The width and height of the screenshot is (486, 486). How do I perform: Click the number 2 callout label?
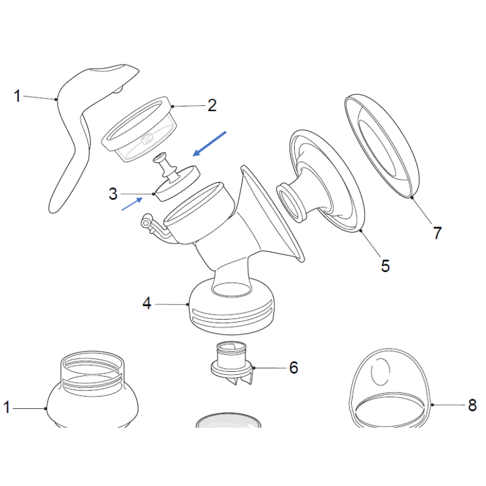[211, 106]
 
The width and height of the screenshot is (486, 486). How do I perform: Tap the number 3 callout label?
[113, 194]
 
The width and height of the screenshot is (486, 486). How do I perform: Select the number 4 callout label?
[146, 303]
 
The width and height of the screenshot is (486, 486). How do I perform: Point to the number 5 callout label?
[385, 265]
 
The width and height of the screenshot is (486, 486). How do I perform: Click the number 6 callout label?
[293, 368]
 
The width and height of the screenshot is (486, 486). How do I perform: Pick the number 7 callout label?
[437, 232]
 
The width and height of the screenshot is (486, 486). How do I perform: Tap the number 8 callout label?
[472, 405]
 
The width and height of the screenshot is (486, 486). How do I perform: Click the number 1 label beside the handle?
[18, 95]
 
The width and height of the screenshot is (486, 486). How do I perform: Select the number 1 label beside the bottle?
[7, 408]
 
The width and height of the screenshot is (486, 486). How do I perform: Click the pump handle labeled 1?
[79, 134]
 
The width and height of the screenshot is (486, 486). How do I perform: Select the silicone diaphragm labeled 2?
[139, 129]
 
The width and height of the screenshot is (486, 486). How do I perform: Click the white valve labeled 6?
[231, 363]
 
